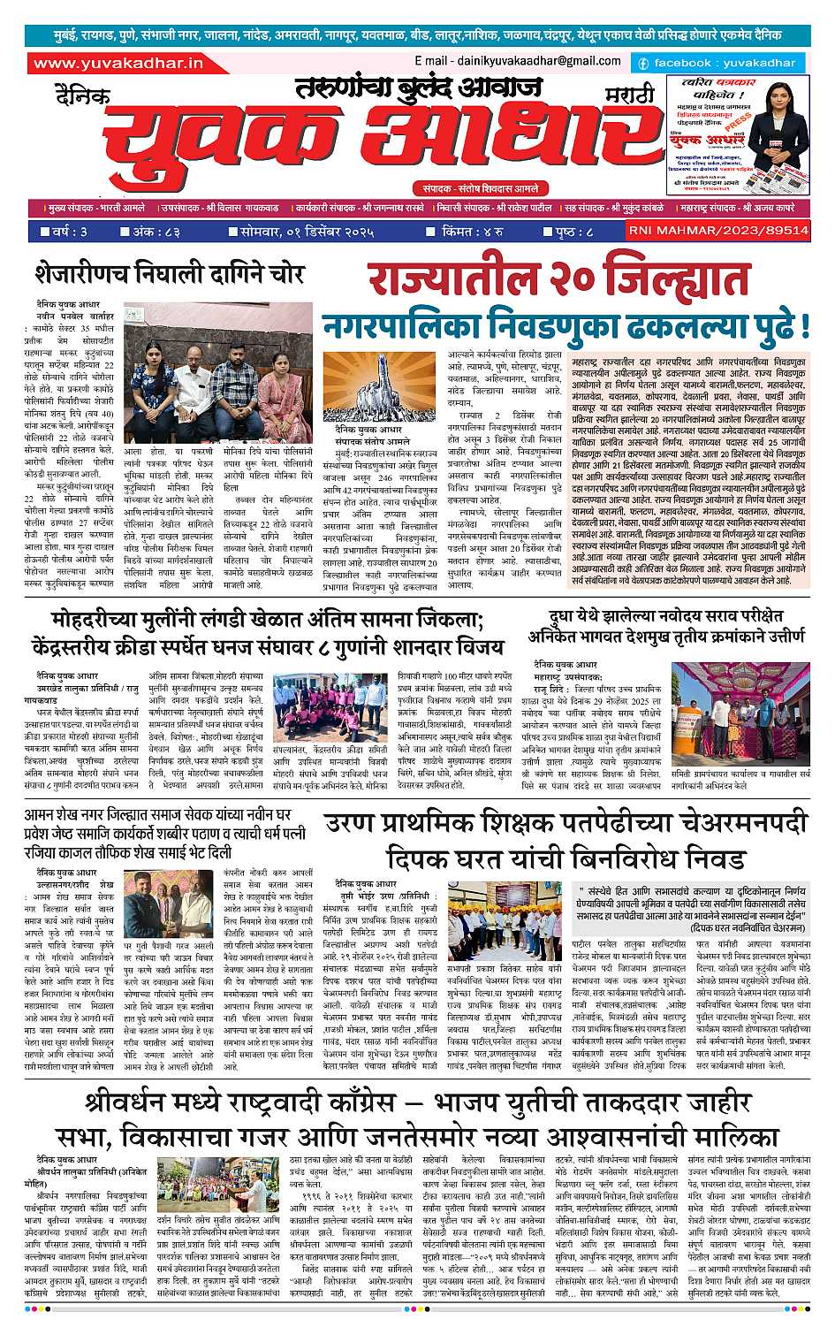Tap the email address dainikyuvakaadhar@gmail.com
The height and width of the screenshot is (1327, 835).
(517, 61)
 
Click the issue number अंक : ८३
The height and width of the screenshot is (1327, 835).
(156, 233)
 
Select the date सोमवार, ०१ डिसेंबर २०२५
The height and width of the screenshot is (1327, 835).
(300, 233)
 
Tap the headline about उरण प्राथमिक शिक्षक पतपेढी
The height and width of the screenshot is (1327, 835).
(566, 840)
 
